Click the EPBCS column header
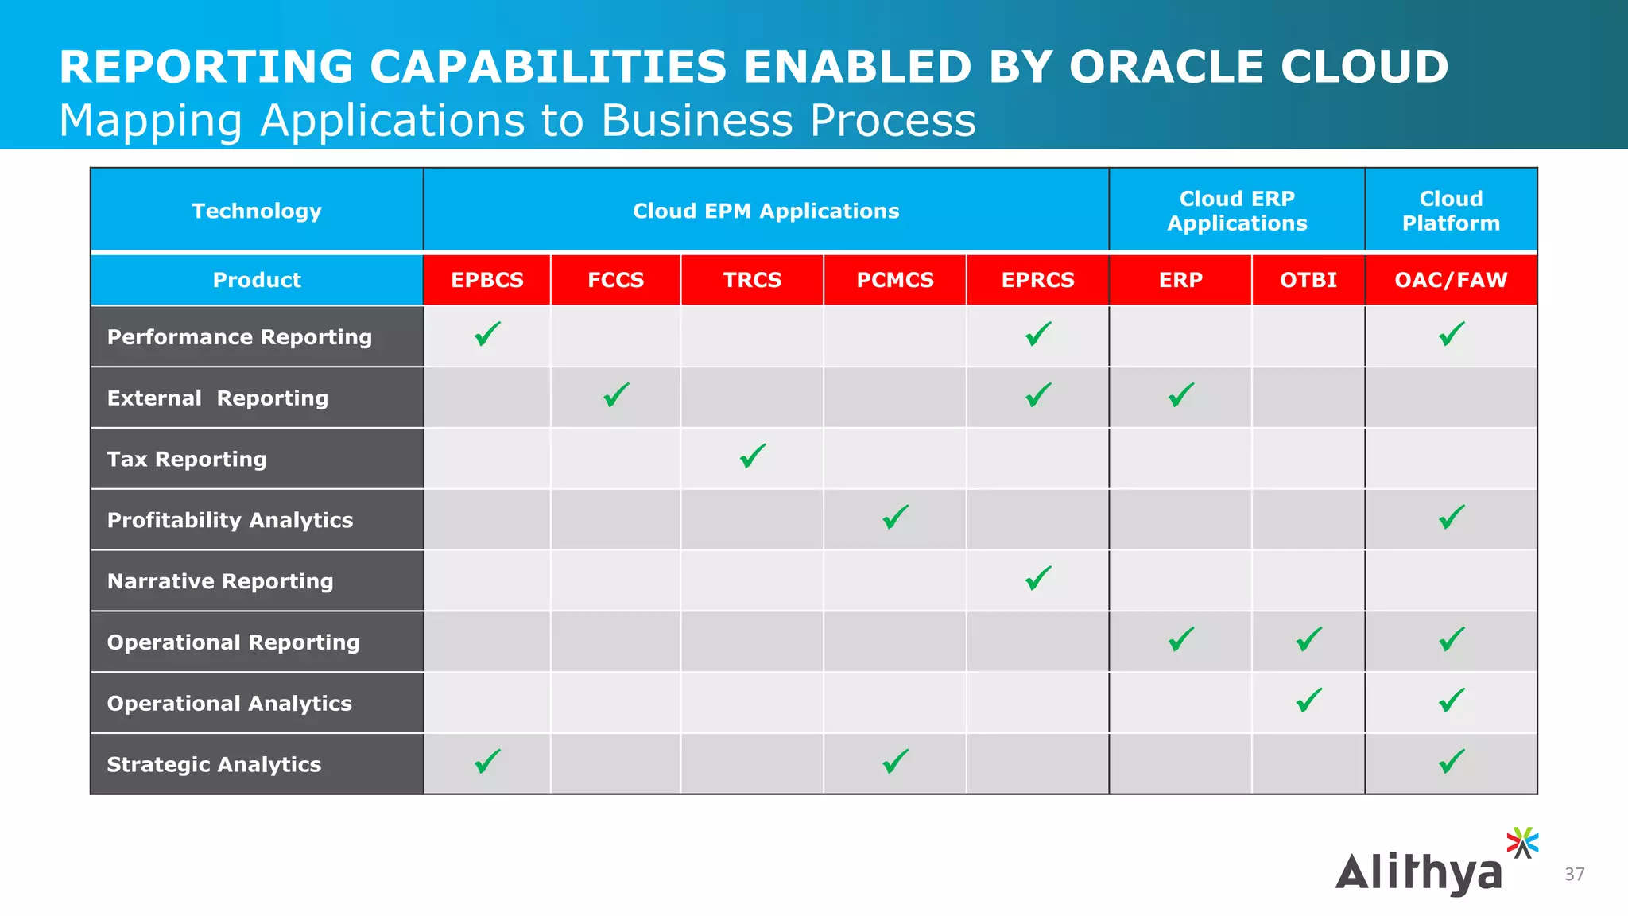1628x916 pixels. coord(487,280)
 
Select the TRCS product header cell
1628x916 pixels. coord(752,280)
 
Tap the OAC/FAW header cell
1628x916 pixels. coord(1451,280)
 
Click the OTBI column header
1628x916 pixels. coord(1308,280)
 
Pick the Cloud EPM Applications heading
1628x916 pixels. coord(766,211)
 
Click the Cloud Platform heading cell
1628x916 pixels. coord(1451,211)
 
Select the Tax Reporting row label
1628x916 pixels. coord(187,460)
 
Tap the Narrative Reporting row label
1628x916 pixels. coord(220,581)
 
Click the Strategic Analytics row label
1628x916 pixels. coord(214,765)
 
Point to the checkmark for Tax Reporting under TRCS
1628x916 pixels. coord(752,456)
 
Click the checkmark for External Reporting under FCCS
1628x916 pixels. coord(616,395)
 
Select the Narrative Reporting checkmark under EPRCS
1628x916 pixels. coord(1038,579)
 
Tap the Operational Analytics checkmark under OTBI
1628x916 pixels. coord(1308,701)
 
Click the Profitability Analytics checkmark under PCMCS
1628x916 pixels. coord(895,518)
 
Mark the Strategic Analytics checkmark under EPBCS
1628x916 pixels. coord(487,762)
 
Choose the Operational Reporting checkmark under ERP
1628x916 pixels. coord(1180,639)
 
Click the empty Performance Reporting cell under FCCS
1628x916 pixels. coord(616,336)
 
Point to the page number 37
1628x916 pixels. coord(1574,875)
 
